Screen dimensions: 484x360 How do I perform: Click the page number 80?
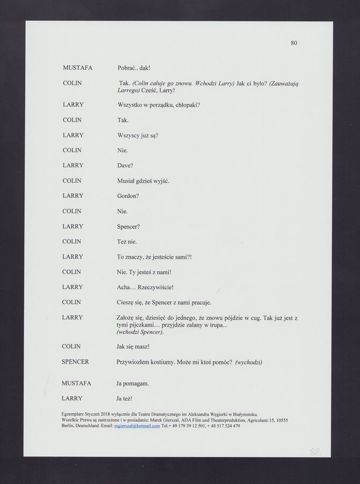(294, 42)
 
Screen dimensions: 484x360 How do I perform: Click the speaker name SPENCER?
(76, 362)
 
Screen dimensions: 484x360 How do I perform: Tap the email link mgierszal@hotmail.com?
(138, 426)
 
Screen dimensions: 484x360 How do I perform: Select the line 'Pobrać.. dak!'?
(134, 68)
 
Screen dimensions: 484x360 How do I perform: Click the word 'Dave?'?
(125, 165)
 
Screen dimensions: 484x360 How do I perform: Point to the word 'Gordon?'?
(128, 196)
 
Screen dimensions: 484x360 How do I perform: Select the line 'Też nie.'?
(127, 241)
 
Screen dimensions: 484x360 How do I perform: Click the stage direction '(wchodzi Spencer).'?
(140, 332)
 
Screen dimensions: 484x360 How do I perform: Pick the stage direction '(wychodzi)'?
(248, 362)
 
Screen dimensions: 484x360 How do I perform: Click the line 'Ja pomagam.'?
(132, 383)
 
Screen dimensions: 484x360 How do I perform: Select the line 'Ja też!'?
(124, 398)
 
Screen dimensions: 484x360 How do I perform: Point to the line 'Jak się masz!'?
(133, 346)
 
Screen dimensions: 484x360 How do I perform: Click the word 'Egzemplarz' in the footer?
(74, 414)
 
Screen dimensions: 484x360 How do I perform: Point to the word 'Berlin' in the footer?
(69, 426)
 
